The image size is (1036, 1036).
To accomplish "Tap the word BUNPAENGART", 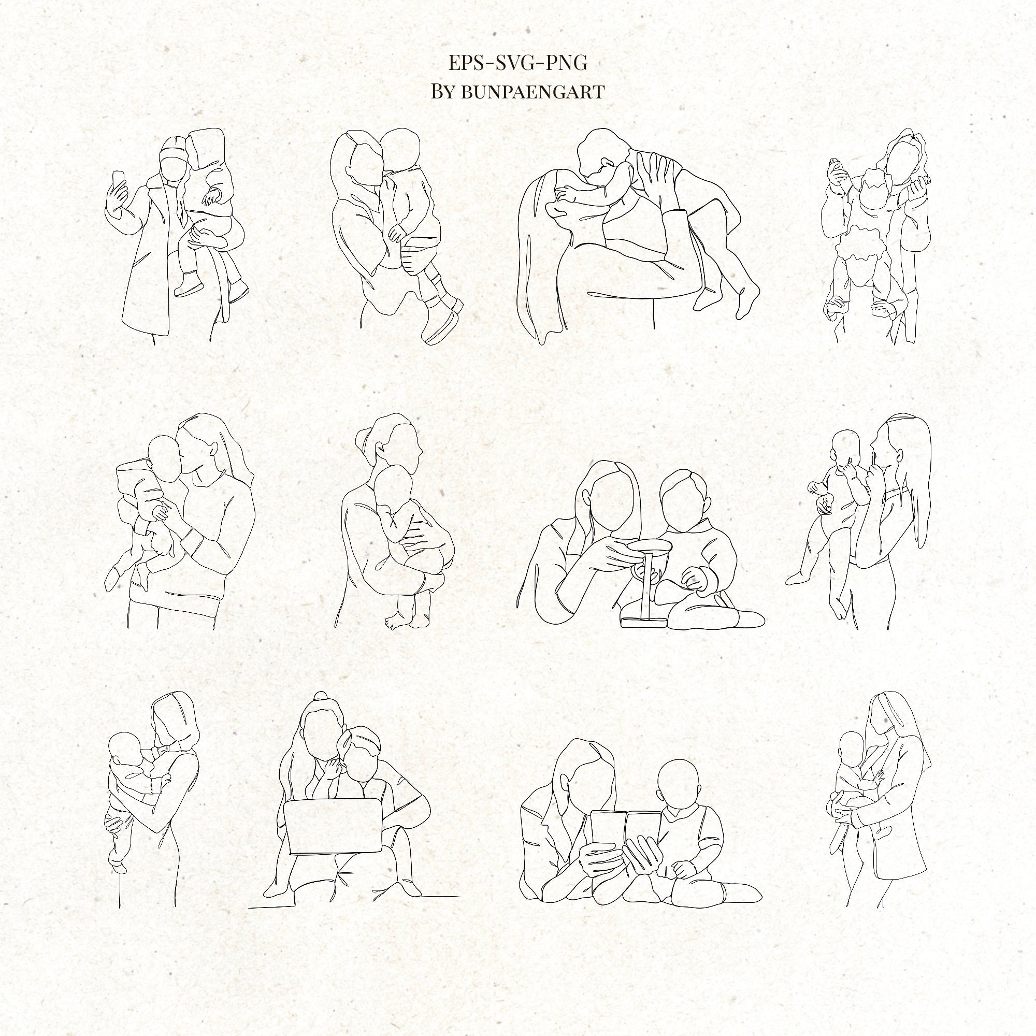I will [x=533, y=92].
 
